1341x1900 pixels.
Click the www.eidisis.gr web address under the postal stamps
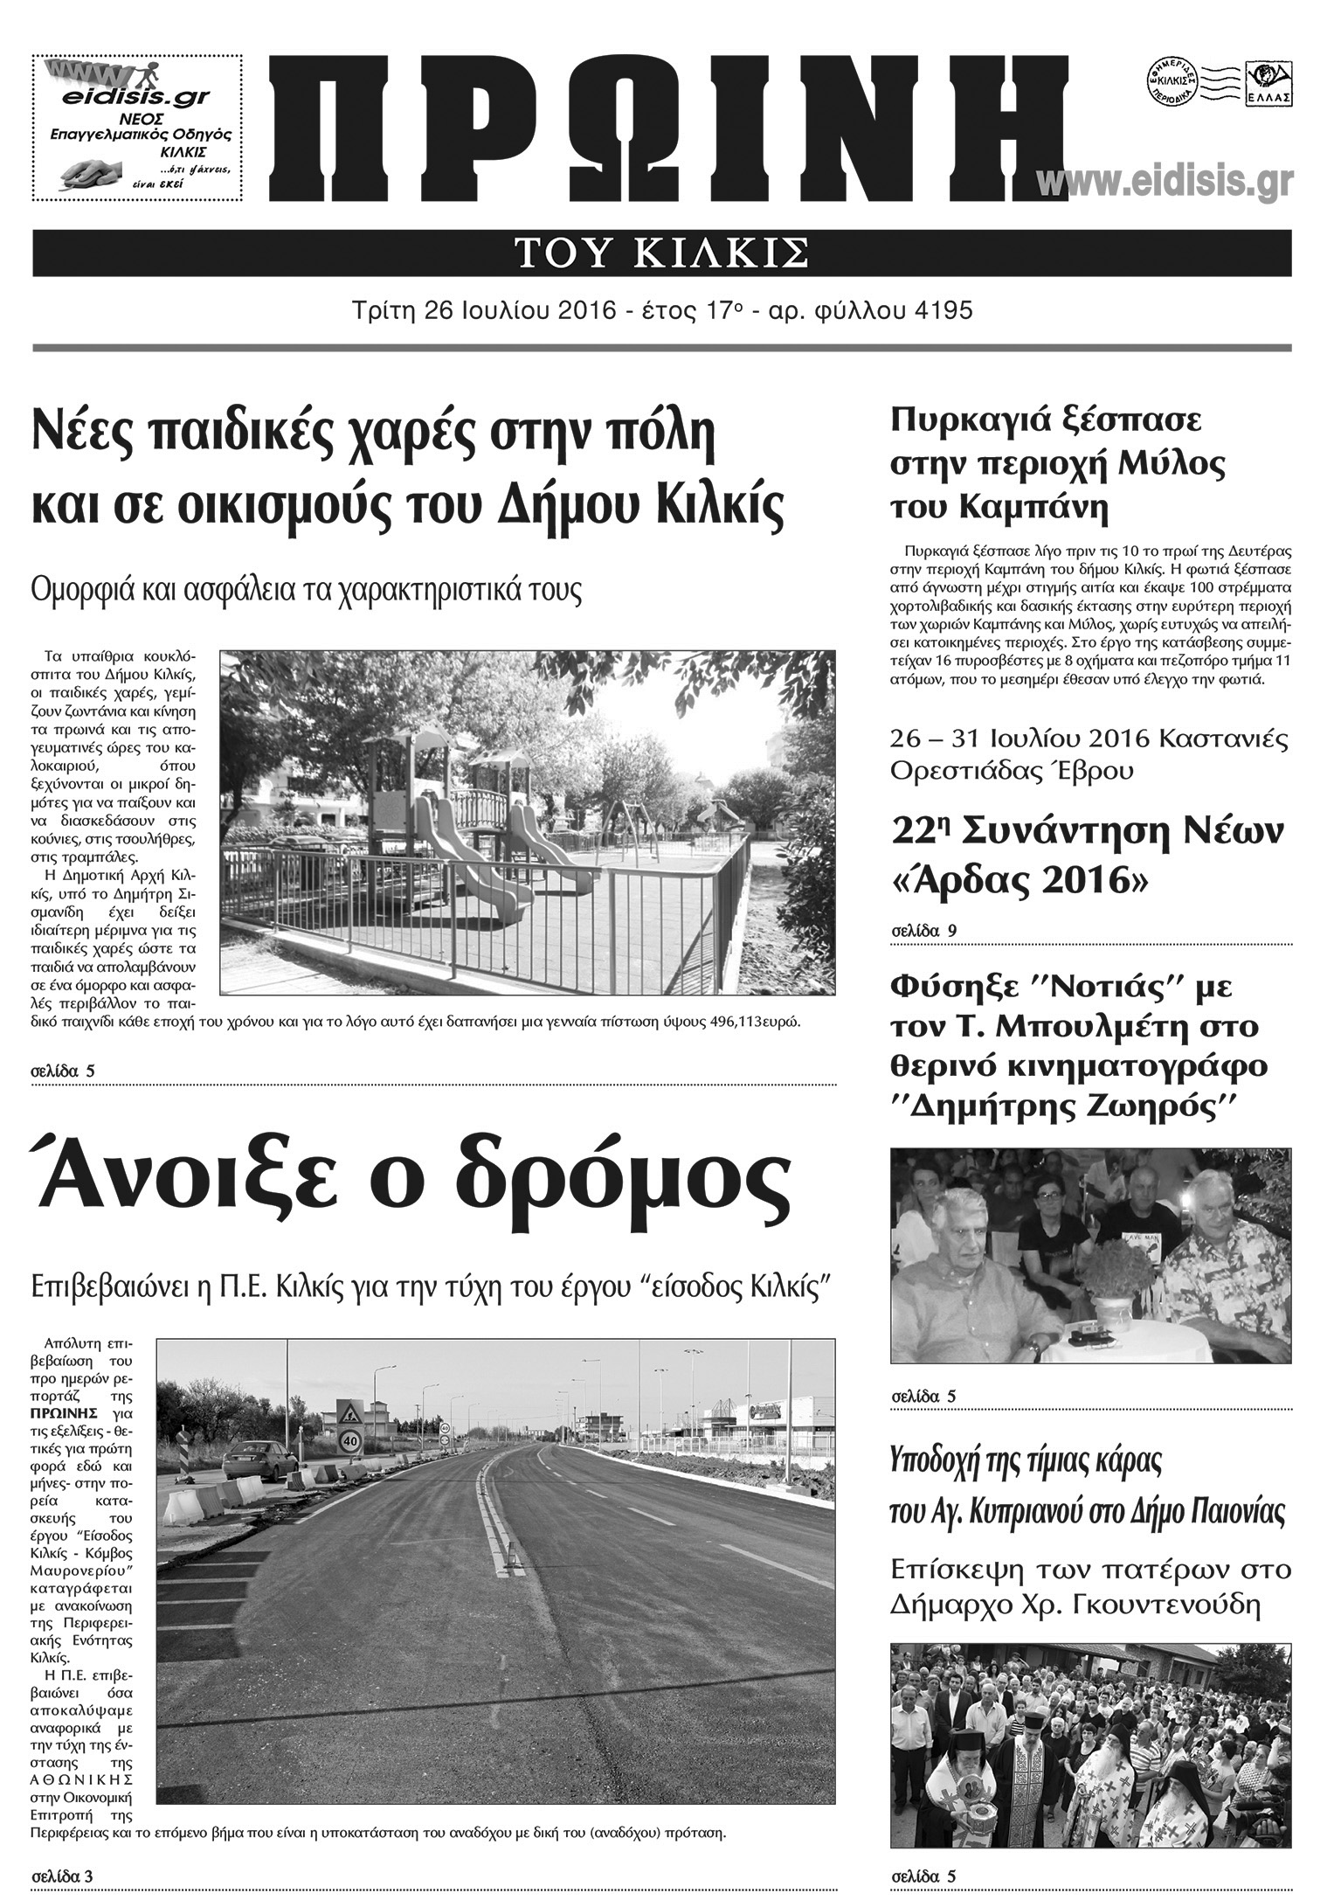pos(1165,183)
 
